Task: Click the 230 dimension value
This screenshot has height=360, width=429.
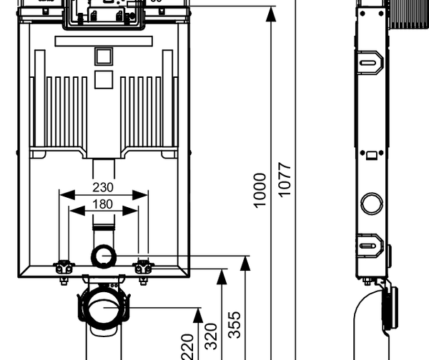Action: point(104,188)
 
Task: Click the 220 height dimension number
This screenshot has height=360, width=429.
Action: point(188,346)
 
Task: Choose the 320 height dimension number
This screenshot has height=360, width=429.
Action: point(212,335)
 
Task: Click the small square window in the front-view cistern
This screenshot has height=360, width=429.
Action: point(104,57)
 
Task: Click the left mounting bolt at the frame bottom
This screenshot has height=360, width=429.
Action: point(64,269)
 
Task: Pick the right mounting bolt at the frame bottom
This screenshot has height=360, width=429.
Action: point(144,269)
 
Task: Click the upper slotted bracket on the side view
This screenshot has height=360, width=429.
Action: point(371,63)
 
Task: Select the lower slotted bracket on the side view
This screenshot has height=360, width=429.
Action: point(371,246)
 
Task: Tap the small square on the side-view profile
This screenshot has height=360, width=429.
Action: point(371,153)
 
